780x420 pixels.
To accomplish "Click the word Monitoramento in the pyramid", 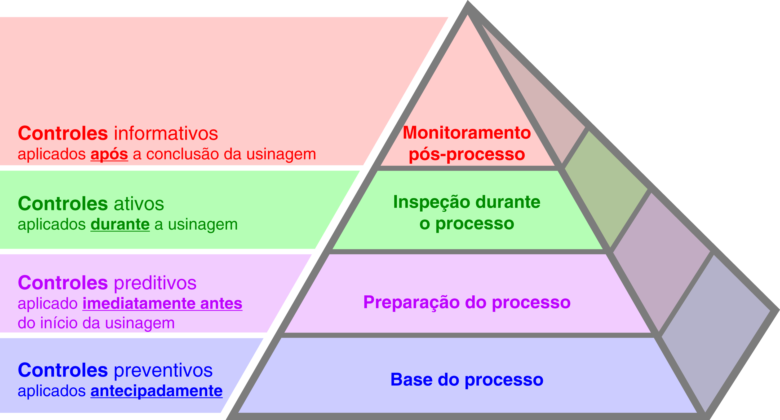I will pyautogui.click(x=467, y=133).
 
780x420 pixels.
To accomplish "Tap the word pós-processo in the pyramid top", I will pyautogui.click(x=467, y=154).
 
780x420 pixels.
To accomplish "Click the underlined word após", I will pyautogui.click(x=109, y=154).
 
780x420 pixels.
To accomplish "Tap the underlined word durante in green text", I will pyautogui.click(x=120, y=225).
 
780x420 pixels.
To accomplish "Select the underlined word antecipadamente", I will pyautogui.click(x=156, y=391).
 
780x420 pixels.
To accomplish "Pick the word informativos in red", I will pyautogui.click(x=166, y=133).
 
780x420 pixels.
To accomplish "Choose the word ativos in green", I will pyautogui.click(x=139, y=204).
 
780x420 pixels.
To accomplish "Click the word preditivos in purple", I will pyautogui.click(x=155, y=283).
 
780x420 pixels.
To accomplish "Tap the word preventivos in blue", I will pyautogui.click(x=163, y=370).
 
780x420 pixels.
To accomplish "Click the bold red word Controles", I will pyautogui.click(x=63, y=133).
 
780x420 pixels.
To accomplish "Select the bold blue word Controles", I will pyautogui.click(x=63, y=370).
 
